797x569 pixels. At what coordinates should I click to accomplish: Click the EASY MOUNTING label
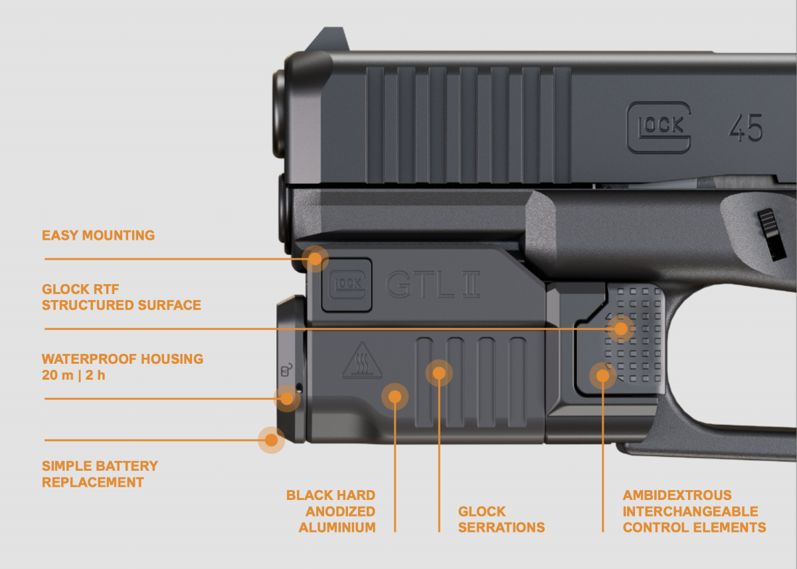tap(98, 236)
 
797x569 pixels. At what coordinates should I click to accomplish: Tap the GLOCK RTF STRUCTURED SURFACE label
tap(122, 297)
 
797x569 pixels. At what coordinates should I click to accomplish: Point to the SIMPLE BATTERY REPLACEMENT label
tap(100, 474)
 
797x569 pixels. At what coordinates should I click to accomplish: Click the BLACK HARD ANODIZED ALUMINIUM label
tap(331, 511)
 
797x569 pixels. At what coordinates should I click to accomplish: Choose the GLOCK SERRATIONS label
tap(501, 520)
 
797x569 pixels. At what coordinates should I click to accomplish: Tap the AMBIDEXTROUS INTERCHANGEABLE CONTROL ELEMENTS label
tap(694, 511)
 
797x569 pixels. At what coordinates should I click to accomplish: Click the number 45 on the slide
tap(745, 127)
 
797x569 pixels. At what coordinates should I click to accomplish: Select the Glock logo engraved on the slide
tap(659, 127)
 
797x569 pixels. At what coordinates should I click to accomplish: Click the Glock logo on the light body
tap(347, 285)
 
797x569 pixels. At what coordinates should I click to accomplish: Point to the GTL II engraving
tap(433, 284)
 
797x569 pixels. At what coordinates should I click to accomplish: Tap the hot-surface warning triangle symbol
tap(362, 361)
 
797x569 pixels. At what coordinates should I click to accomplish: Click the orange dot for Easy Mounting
tap(315, 259)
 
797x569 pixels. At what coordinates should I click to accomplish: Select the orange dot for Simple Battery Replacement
tap(271, 440)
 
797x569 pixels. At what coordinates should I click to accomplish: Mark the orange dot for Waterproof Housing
tap(287, 398)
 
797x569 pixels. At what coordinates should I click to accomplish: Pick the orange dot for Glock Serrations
tap(439, 373)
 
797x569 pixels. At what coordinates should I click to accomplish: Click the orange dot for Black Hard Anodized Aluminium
tap(395, 396)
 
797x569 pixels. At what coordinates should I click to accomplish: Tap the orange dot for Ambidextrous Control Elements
tap(603, 376)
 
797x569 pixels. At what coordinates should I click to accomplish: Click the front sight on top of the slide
tap(327, 39)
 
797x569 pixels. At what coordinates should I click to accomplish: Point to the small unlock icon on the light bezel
tap(287, 370)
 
